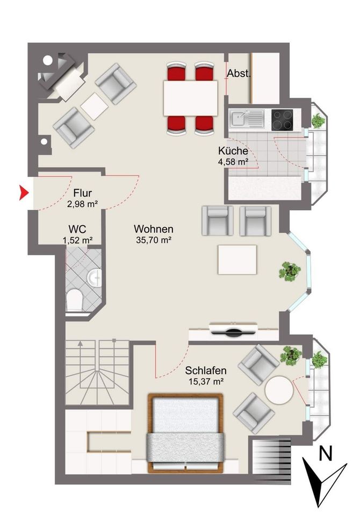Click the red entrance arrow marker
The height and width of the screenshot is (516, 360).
[x=24, y=192]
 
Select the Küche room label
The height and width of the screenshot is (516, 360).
[x=233, y=151]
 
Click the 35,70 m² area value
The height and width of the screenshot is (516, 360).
[x=154, y=240]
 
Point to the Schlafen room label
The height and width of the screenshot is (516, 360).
[x=206, y=370]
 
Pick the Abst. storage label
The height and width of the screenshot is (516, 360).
[x=239, y=74]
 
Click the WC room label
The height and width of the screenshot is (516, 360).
[x=77, y=229]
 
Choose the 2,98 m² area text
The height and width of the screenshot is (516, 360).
[x=83, y=204]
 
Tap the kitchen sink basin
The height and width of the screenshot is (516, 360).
[x=237, y=118]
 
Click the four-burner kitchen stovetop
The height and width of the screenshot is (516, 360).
[x=282, y=120]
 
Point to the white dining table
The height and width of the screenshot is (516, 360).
[x=191, y=98]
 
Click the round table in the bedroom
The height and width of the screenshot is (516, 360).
[x=279, y=390]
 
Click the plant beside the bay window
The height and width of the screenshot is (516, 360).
[x=290, y=271]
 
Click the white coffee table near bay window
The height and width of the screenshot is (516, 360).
[x=237, y=260]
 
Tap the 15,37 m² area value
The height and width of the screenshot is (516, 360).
[x=206, y=382]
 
